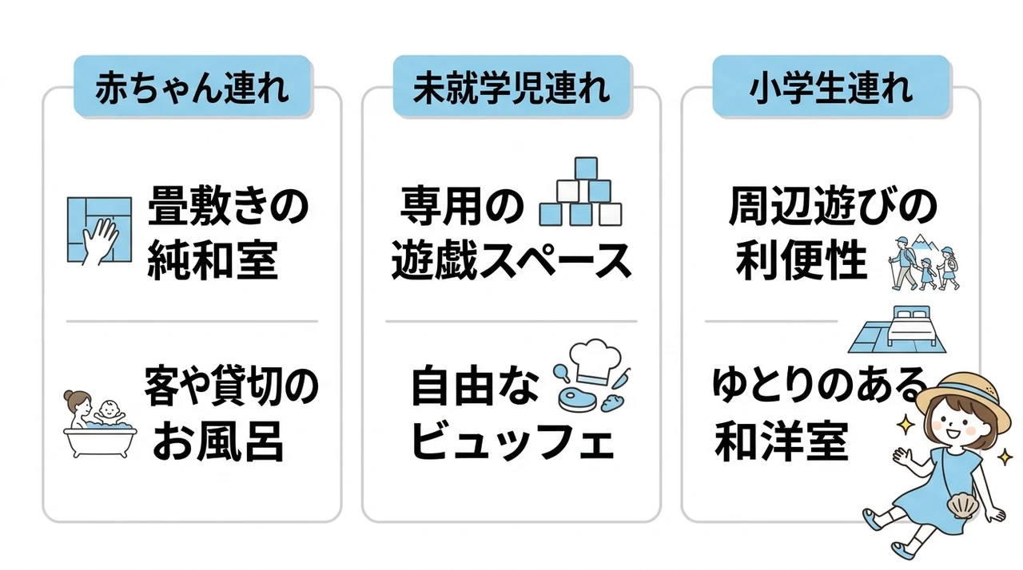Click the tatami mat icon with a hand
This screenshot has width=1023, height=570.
pyautogui.click(x=100, y=231)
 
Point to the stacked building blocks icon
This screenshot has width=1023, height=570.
pyautogui.click(x=580, y=192)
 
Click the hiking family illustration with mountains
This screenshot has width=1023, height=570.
pyautogui.click(x=925, y=263)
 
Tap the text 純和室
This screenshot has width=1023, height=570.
pyautogui.click(x=213, y=261)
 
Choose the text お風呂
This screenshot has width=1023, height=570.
pyautogui.click(x=218, y=441)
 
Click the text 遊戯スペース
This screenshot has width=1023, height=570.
pyautogui.click(x=511, y=261)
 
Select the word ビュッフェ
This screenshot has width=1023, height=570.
pyautogui.click(x=512, y=441)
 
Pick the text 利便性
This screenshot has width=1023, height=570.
pyautogui.click(x=802, y=261)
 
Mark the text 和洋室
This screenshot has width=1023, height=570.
pyautogui.click(x=782, y=441)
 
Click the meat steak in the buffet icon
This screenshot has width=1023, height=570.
pyautogui.click(x=577, y=400)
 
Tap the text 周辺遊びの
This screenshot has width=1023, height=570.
pyautogui.click(x=832, y=206)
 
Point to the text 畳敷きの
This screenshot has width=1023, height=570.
pyautogui.click(x=229, y=206)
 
